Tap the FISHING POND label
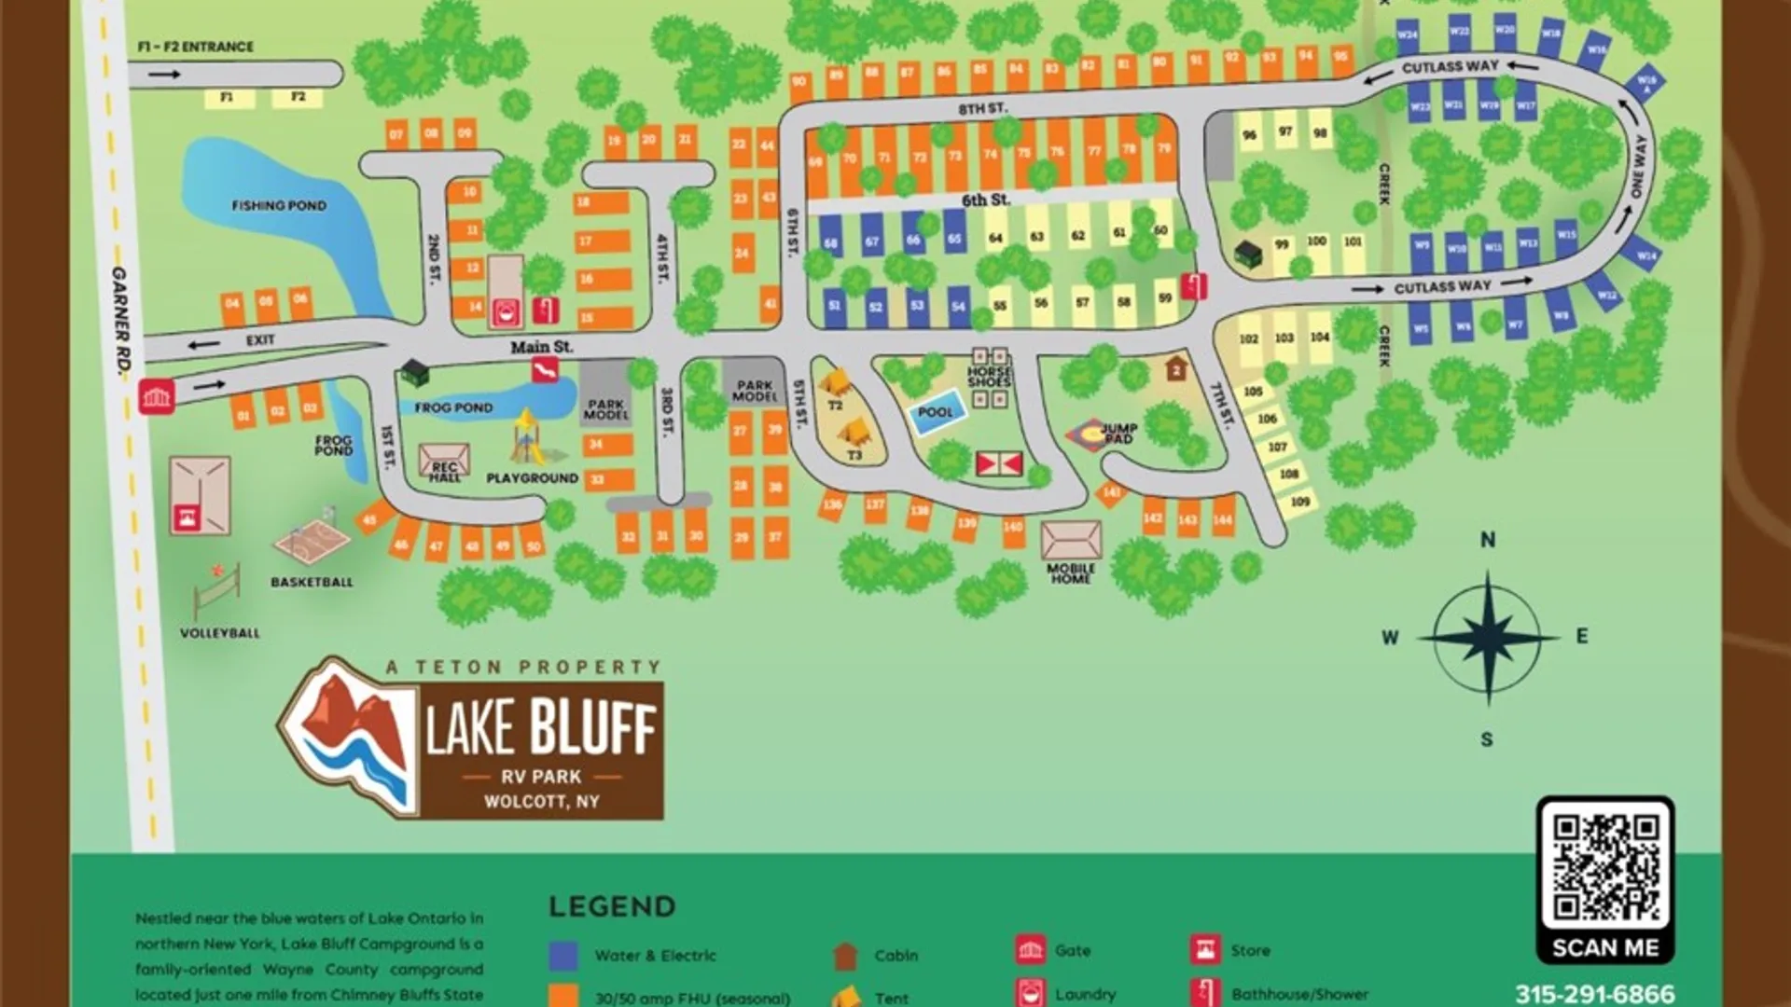tap(279, 205)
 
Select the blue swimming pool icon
tap(936, 413)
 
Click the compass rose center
tap(1488, 638)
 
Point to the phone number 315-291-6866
tap(1594, 994)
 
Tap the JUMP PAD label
tap(1118, 433)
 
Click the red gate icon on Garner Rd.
tap(157, 396)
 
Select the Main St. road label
tap(541, 347)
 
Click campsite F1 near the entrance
tap(227, 97)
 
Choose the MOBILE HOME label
tap(1071, 572)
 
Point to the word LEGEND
tap(612, 906)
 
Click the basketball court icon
tap(312, 540)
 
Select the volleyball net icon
tap(217, 589)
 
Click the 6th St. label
tap(986, 200)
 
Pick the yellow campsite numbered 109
tap(1300, 502)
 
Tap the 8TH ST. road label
tap(983, 108)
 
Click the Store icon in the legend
tap(1204, 950)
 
